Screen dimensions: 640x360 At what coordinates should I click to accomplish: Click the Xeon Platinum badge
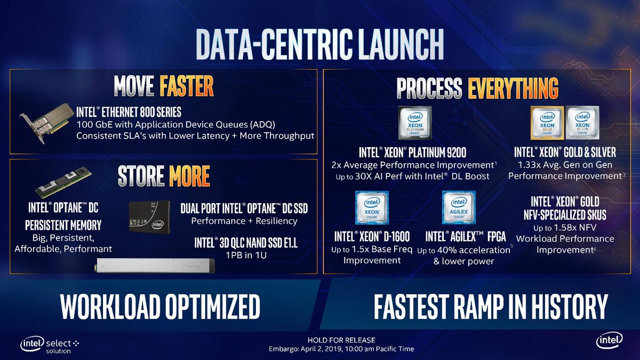(415, 123)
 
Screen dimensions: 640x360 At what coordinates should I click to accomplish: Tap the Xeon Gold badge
(547, 123)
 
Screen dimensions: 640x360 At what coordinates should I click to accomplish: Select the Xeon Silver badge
(582, 123)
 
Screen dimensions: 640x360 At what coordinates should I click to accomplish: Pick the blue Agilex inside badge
(459, 207)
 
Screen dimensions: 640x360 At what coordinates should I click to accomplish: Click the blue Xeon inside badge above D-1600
(372, 207)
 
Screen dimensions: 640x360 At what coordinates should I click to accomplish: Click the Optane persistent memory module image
(63, 182)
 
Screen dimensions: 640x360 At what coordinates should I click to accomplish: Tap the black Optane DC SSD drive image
(149, 217)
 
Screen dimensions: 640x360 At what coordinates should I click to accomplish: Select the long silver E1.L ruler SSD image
(155, 266)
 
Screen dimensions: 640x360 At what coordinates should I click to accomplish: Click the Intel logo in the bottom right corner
(609, 340)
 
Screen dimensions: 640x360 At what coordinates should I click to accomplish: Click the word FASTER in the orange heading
(187, 86)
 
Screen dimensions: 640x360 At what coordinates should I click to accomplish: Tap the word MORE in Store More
(189, 175)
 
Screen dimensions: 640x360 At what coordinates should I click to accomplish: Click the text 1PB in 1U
(246, 255)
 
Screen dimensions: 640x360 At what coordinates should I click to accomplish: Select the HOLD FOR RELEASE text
(341, 340)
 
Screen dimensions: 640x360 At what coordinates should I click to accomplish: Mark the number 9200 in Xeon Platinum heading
(457, 153)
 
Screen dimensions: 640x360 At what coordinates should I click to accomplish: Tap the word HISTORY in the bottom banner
(569, 307)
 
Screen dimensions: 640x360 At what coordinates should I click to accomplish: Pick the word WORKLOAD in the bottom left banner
(110, 307)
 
